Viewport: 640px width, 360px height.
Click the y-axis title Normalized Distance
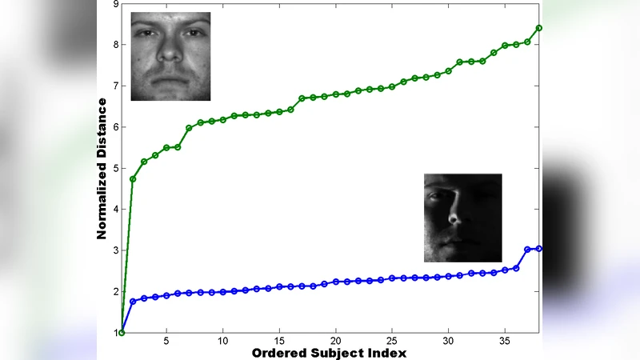[102, 168]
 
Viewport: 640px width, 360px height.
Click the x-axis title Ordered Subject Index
[329, 353]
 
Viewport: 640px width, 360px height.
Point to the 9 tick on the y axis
[116, 4]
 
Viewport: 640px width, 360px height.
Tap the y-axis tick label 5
[115, 169]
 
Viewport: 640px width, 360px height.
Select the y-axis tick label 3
[115, 250]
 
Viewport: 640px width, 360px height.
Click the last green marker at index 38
[539, 28]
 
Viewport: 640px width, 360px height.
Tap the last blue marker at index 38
[539, 249]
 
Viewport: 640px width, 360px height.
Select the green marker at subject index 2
[133, 178]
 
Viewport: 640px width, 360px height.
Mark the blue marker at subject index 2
[133, 301]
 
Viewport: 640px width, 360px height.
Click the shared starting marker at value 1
[122, 332]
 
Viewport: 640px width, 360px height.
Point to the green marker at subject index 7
[189, 128]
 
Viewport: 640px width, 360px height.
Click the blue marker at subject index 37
[527, 250]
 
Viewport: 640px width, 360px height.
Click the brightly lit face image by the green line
[170, 57]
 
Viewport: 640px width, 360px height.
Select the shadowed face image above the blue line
[462, 218]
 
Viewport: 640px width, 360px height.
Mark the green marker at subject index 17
[302, 98]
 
